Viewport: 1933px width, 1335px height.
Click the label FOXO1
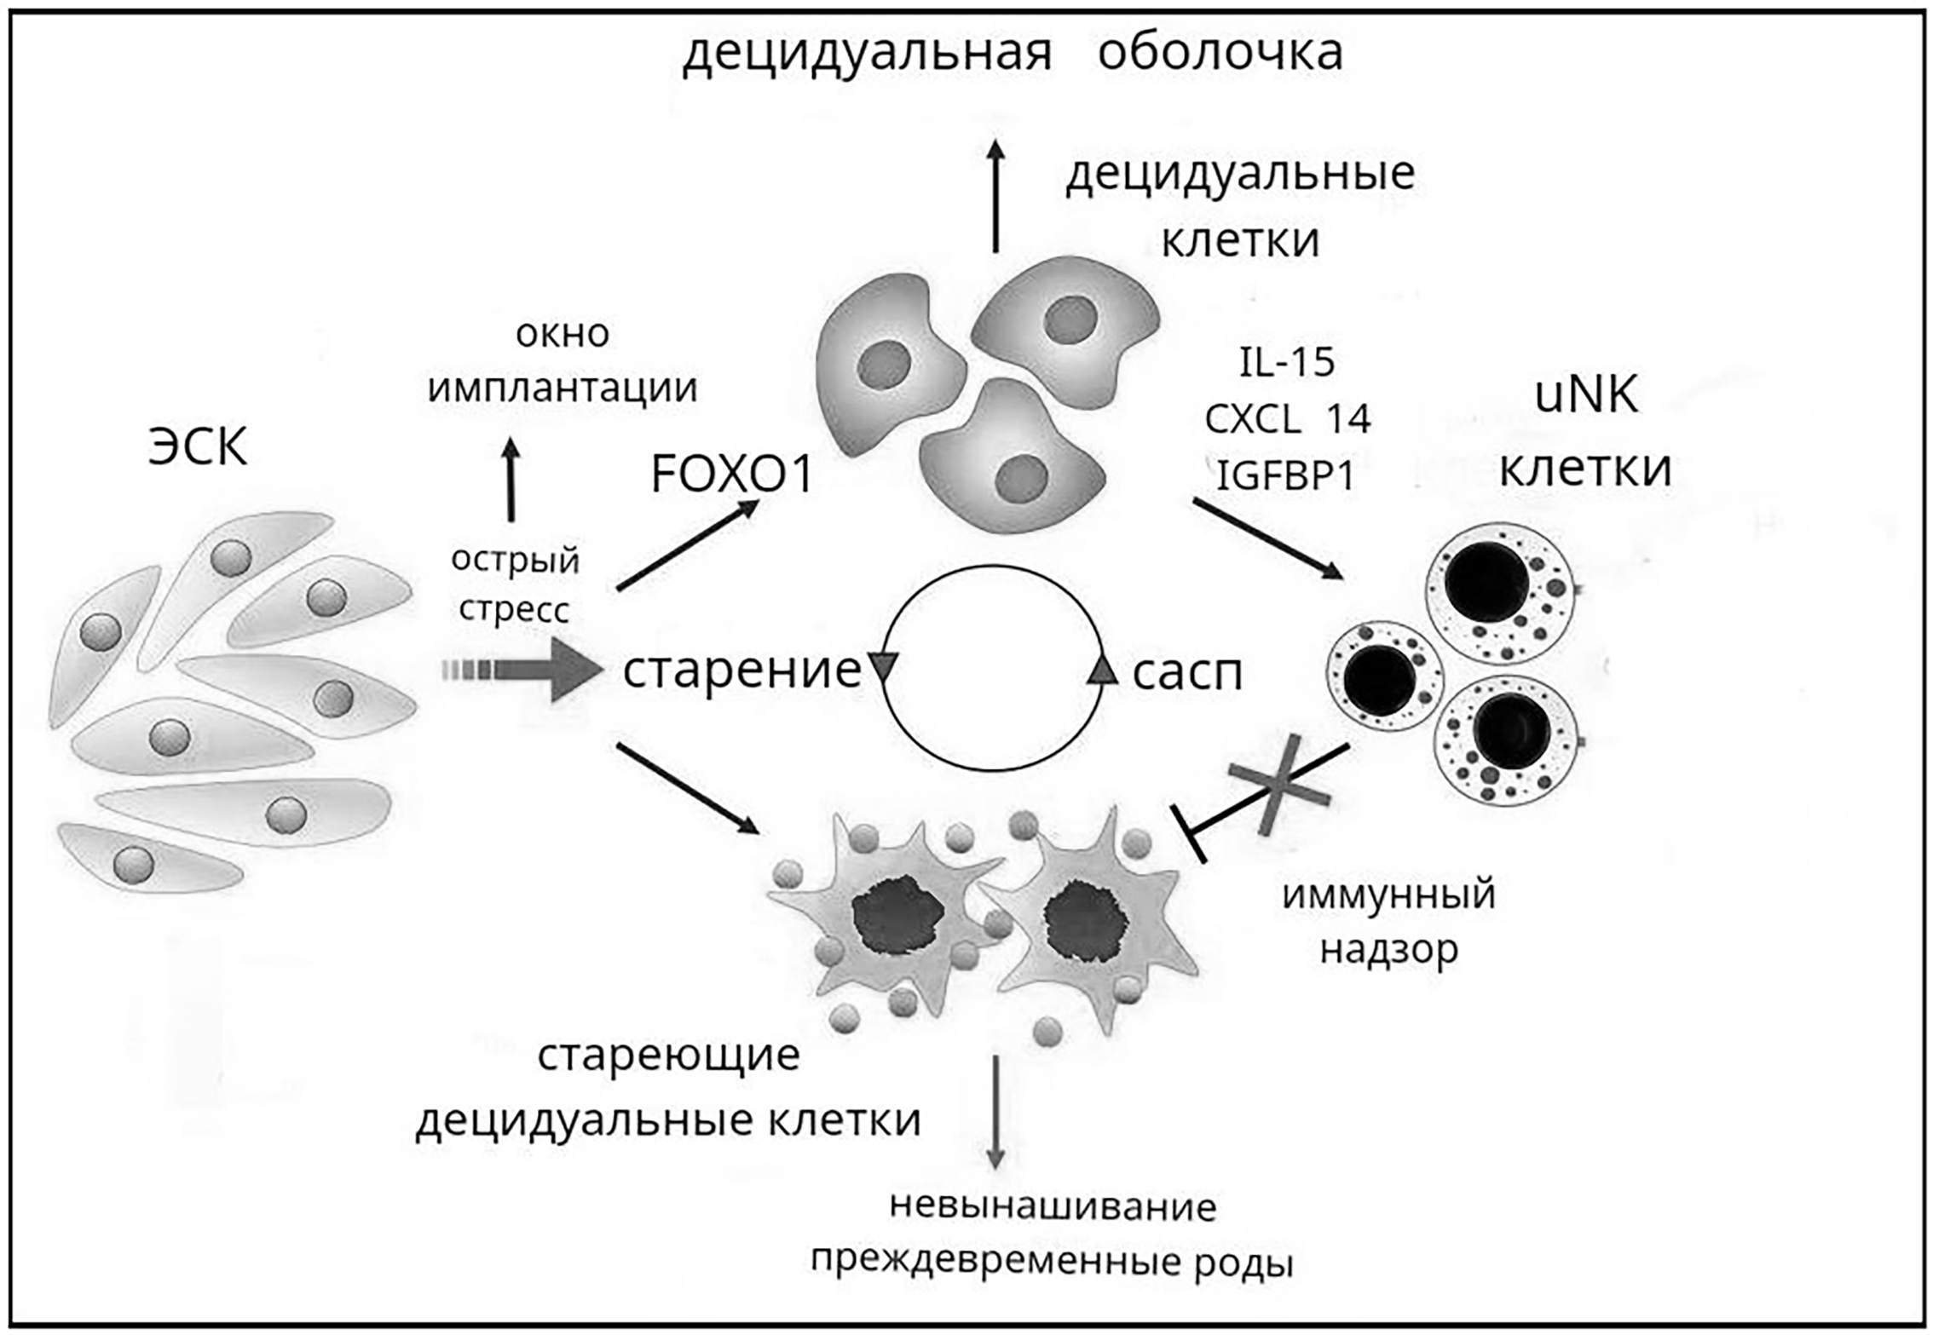click(x=731, y=475)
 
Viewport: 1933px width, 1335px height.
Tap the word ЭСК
click(x=198, y=447)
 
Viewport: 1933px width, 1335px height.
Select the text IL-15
click(x=1286, y=363)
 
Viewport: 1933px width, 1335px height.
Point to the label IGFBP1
click(x=1285, y=475)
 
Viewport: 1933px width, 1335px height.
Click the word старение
click(x=741, y=670)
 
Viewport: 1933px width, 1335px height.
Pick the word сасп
click(x=1186, y=673)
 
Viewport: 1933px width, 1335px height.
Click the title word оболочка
click(x=1220, y=53)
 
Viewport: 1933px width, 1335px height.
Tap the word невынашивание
click(x=1053, y=1206)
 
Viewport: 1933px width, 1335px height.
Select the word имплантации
click(x=563, y=388)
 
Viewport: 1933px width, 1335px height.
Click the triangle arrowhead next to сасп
click(x=1102, y=670)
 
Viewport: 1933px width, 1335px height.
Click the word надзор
click(x=1388, y=949)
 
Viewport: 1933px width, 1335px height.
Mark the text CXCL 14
click(x=1286, y=419)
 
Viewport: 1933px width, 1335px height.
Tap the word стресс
click(x=514, y=610)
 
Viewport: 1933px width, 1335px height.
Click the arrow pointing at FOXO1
click(x=687, y=544)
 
